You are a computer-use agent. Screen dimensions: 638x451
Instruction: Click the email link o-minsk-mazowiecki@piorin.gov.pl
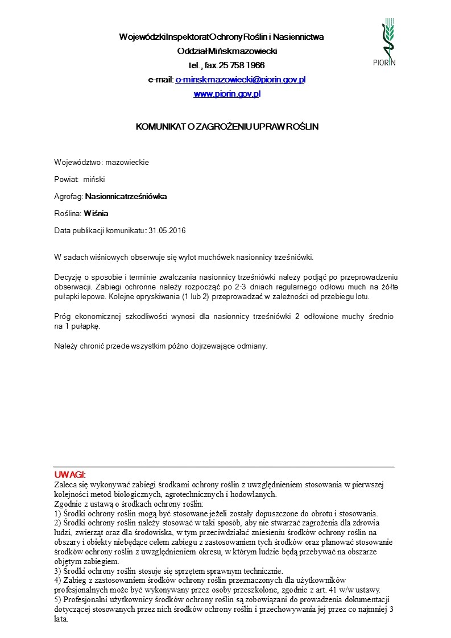[x=240, y=80]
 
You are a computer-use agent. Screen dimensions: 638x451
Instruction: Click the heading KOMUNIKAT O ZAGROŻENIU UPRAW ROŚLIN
[x=226, y=127]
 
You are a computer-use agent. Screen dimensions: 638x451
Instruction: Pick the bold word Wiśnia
[x=96, y=214]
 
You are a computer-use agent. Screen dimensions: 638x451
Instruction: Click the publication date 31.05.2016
[x=167, y=231]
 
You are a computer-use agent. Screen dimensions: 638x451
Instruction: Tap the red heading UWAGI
[x=69, y=474]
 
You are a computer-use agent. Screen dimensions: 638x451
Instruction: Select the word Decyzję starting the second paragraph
[x=67, y=276]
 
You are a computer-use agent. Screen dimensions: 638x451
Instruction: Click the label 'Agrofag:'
[x=68, y=197]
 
